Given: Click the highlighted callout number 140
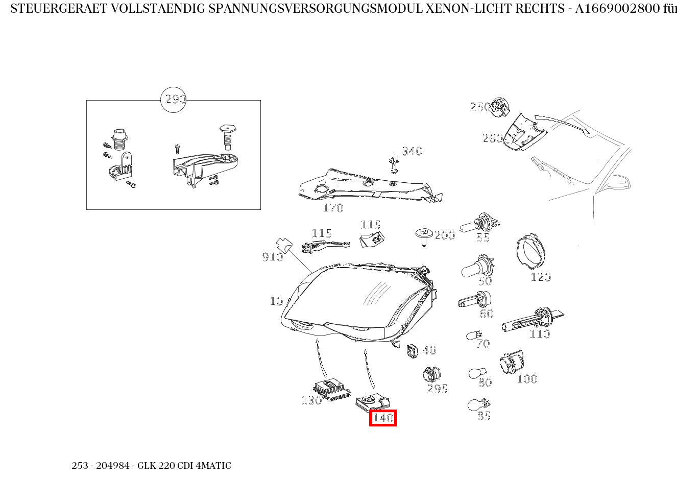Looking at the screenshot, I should (x=383, y=418).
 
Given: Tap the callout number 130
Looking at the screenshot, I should (x=311, y=400).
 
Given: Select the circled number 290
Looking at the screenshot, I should (x=174, y=100).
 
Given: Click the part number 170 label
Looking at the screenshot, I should (x=333, y=208).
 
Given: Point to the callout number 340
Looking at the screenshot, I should (x=412, y=151).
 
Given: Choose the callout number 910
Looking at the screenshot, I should (x=272, y=257).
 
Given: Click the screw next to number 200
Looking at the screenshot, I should (x=423, y=235).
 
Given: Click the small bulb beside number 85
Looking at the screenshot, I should (x=476, y=405).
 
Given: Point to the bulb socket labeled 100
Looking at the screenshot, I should (x=512, y=363).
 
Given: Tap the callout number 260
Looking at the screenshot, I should (x=492, y=138).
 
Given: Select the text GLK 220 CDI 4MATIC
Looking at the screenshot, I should (x=184, y=466).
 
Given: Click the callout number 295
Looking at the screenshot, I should (x=437, y=389).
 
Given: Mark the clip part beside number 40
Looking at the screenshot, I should (x=413, y=351).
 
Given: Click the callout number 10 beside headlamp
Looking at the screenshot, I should (x=276, y=301).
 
